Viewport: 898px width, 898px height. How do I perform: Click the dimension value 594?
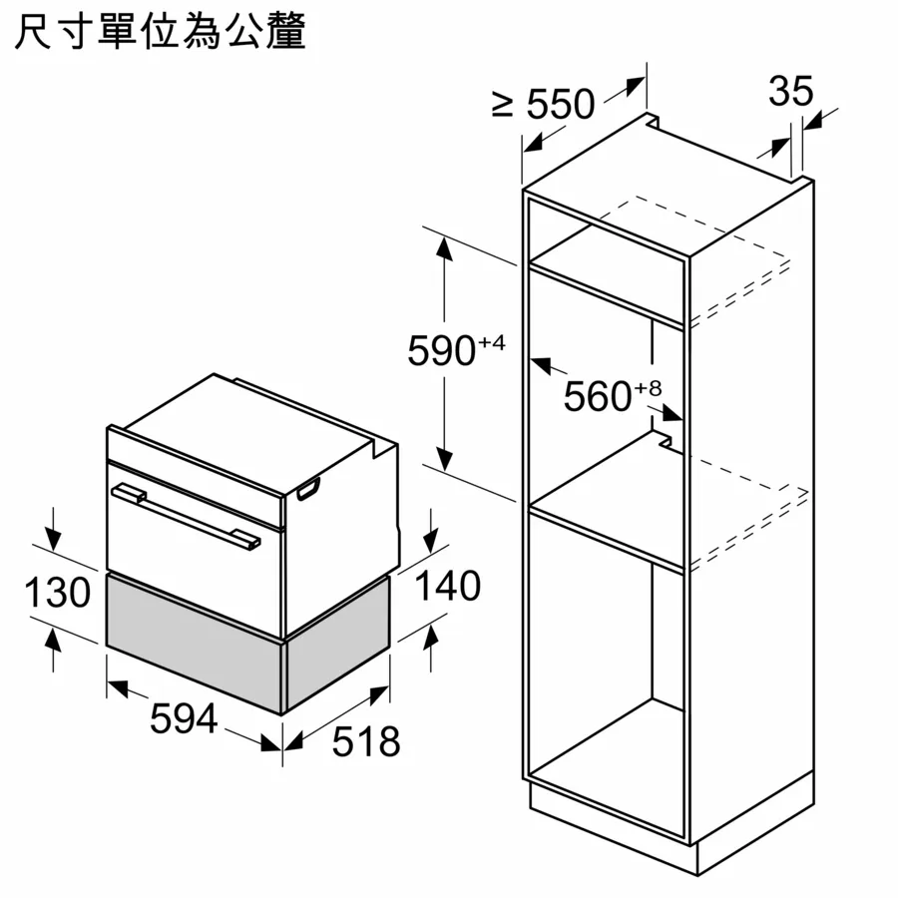184,718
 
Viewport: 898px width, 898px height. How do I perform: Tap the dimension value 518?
366,741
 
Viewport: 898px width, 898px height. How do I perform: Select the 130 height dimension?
57,592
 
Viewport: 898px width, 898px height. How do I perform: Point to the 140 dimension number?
447,586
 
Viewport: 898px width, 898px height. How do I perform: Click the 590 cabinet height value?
441,350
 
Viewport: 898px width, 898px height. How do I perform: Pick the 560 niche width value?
598,396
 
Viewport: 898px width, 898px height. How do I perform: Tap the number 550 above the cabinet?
561,104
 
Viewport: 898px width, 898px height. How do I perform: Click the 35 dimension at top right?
790,91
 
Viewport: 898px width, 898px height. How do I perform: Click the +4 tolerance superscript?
492,343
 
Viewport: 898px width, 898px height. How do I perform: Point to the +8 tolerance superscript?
648,389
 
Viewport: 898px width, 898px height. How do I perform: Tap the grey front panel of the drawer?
195,642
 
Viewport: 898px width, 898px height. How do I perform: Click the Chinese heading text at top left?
160,31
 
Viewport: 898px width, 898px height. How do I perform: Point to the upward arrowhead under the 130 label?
53,638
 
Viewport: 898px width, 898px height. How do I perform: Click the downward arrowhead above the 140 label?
430,541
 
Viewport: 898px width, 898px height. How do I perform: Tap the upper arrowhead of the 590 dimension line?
444,249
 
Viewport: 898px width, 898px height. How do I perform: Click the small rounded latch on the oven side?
308,490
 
